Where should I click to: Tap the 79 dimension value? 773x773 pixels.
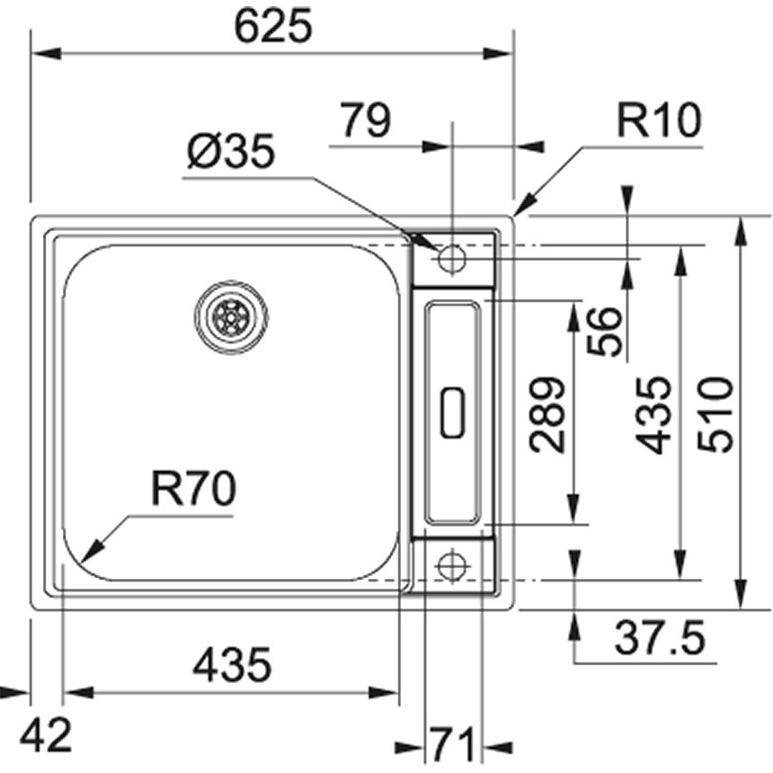366,120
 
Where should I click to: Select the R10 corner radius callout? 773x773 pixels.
658,121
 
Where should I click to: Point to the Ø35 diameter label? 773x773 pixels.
231,154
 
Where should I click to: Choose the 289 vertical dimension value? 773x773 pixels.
547,414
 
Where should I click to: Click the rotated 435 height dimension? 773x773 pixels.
653,414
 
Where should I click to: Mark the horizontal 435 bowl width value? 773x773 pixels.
232,666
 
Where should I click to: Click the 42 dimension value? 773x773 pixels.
46,737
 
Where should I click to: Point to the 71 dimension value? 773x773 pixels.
453,744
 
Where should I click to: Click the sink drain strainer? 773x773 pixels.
231,317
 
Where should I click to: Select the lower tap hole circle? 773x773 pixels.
450,566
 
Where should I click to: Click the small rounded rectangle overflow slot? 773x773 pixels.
452,413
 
